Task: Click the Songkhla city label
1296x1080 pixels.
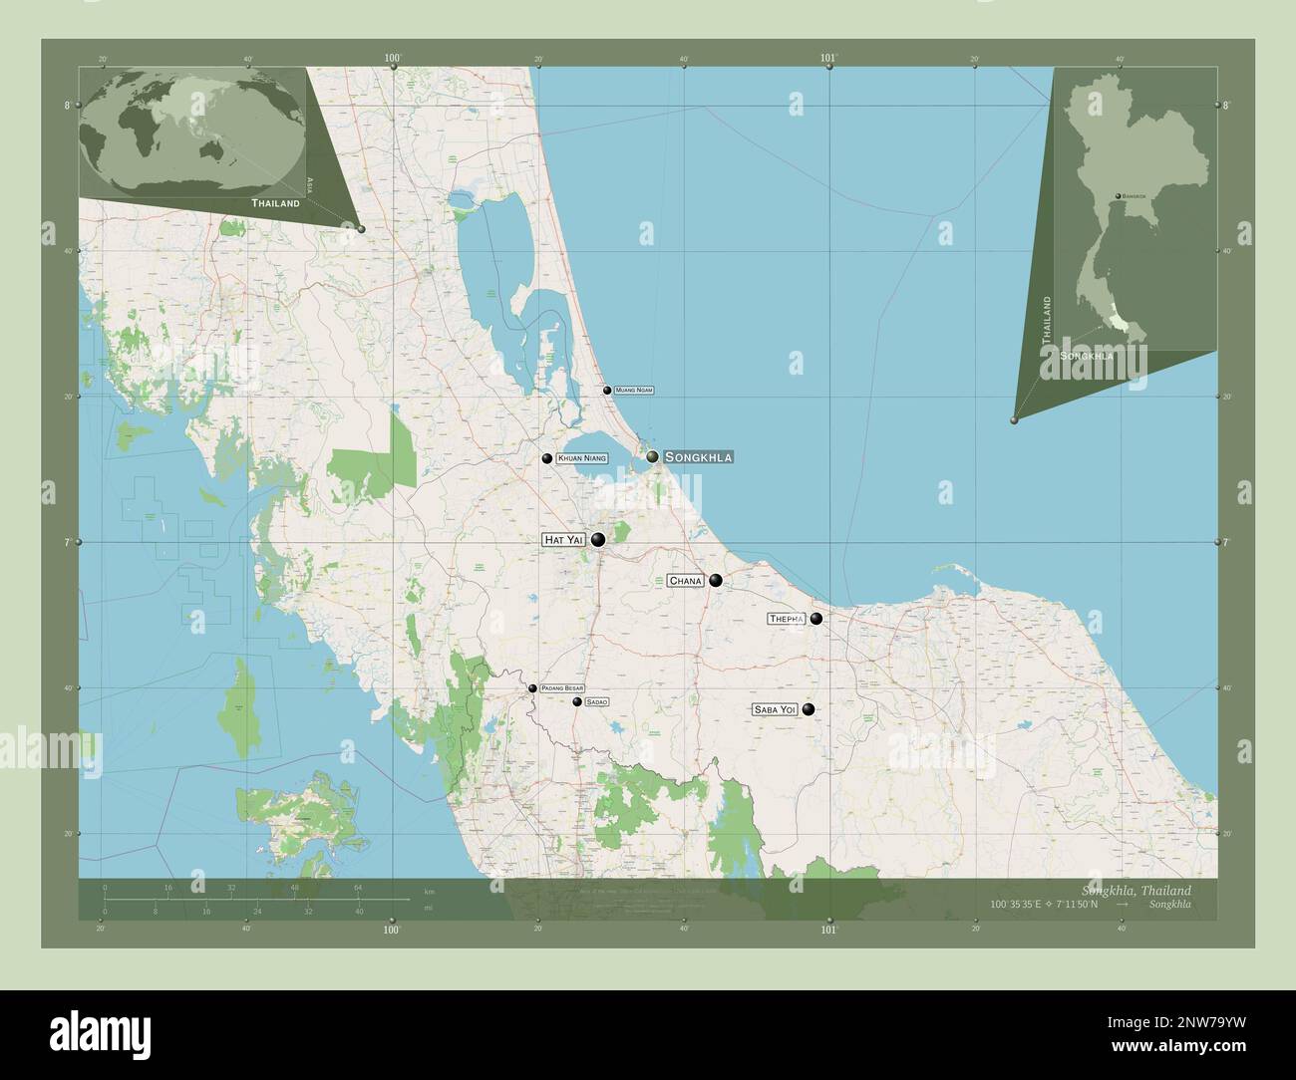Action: (698, 456)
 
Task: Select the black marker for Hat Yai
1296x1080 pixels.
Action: (598, 540)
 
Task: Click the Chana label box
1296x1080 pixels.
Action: (686, 580)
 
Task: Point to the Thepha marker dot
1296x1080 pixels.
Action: (816, 619)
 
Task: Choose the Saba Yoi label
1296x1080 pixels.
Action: (776, 709)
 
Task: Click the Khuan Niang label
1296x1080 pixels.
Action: (583, 458)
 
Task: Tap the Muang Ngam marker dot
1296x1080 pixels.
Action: (607, 391)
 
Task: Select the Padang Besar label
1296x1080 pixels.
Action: (562, 688)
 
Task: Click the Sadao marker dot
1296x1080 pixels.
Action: (577, 702)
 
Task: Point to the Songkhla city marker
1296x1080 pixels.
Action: (652, 456)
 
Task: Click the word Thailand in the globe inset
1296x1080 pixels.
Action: (275, 203)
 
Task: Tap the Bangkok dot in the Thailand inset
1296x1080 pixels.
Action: (1119, 196)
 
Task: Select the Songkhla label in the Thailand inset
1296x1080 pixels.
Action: (1087, 355)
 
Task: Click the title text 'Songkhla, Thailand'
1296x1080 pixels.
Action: (1134, 890)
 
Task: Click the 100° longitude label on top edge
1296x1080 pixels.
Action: (393, 59)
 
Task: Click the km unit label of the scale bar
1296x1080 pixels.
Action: (429, 891)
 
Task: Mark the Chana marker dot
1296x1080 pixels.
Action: (716, 581)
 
